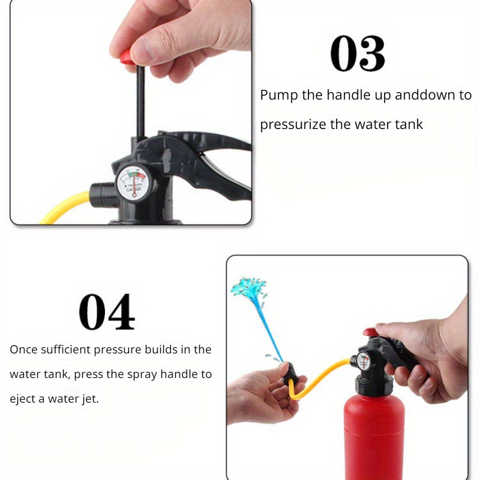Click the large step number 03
358,53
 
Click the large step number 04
107,311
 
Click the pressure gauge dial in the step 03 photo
133,182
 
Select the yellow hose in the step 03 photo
65,206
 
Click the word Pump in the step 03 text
279,95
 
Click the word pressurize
293,125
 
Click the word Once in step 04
23,350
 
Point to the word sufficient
65,349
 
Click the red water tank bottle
374,438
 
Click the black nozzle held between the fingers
291,374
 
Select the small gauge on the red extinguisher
364,361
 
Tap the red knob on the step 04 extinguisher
370,332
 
